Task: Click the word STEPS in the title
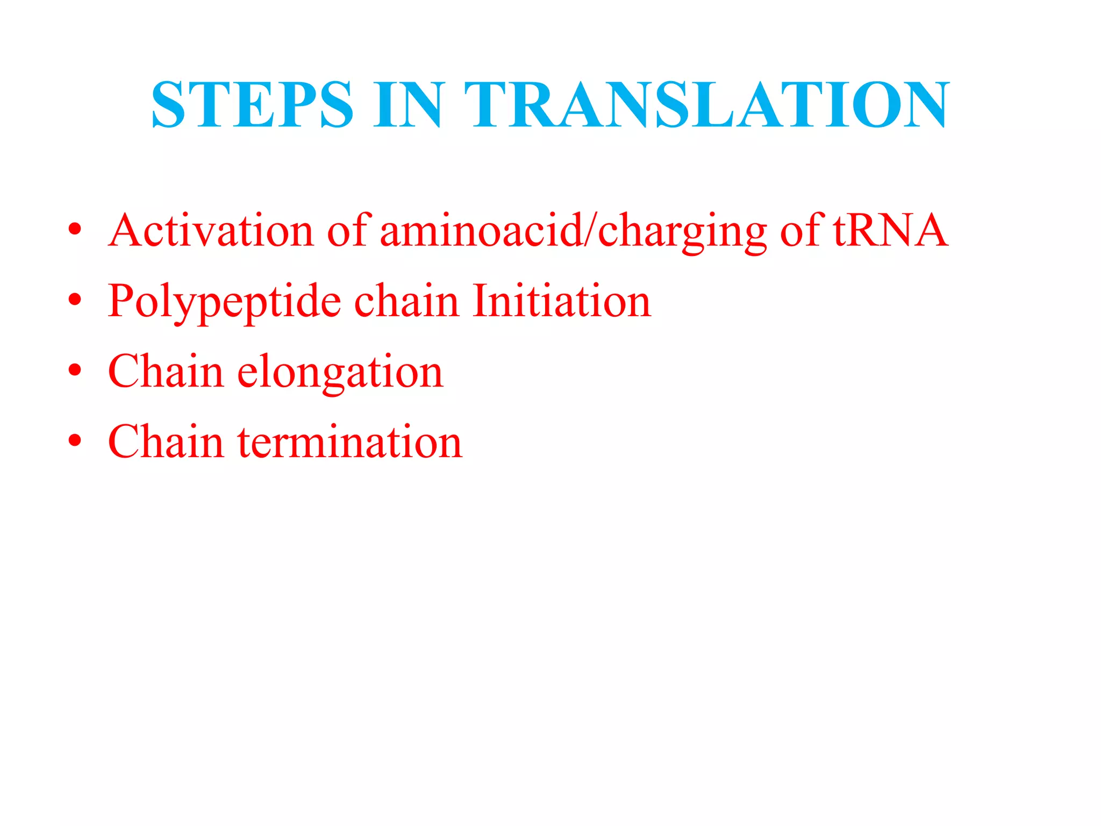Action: coord(253,104)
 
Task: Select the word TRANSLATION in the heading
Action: coord(707,104)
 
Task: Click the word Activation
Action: coord(211,231)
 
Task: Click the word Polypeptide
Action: coord(224,302)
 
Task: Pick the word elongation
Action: coord(340,373)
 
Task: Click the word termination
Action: coord(350,442)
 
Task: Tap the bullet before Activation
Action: coord(75,230)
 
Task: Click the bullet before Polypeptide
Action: coord(75,300)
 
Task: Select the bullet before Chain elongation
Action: coord(75,370)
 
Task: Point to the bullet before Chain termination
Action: coord(75,440)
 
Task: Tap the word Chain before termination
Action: coord(166,442)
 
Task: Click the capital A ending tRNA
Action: coord(930,232)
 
